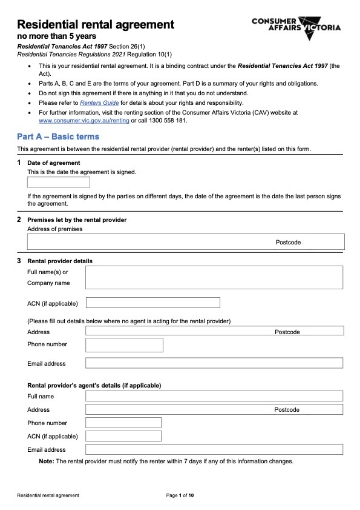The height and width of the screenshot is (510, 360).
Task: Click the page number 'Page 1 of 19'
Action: (x=180, y=496)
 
